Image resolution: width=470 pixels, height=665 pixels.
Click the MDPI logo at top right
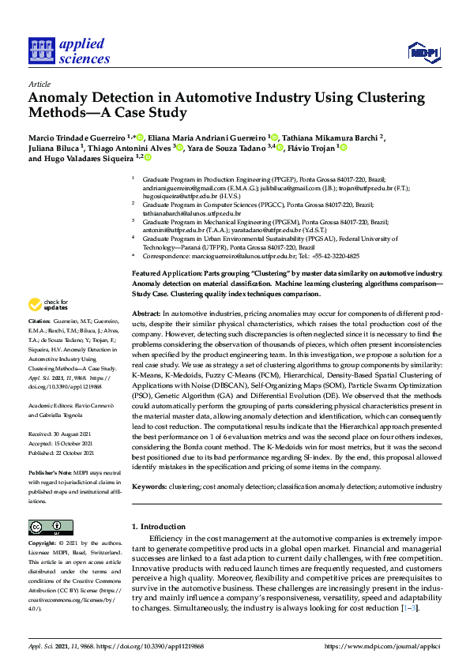tap(423, 52)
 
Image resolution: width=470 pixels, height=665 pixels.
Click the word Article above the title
tap(39, 84)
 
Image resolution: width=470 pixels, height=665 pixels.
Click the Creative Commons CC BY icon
tap(47, 527)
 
